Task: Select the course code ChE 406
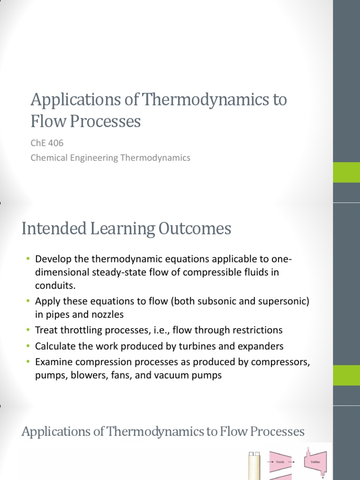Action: [x=47, y=143]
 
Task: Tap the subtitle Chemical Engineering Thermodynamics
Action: [x=110, y=158]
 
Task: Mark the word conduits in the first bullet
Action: [x=54, y=285]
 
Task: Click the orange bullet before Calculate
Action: [x=28, y=346]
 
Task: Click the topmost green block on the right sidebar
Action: [x=346, y=172]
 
